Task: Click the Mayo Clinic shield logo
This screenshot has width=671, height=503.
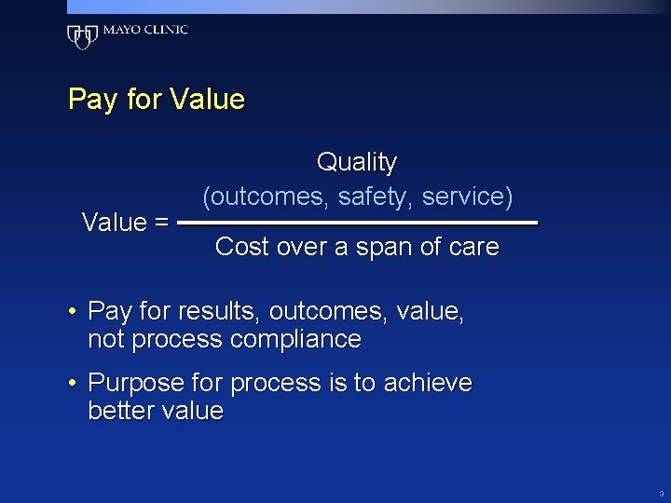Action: pyautogui.click(x=82, y=35)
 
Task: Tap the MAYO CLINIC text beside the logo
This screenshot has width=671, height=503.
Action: pyautogui.click(x=145, y=30)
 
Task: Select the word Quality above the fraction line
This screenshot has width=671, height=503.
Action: pyautogui.click(x=357, y=163)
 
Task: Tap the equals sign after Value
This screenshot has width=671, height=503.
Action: pyautogui.click(x=160, y=223)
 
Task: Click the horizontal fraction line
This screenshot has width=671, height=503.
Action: pyautogui.click(x=357, y=224)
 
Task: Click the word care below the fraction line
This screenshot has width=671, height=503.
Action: pyautogui.click(x=473, y=248)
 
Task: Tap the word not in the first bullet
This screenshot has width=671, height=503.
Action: pyautogui.click(x=106, y=340)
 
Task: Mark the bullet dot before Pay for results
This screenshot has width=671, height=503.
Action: pyautogui.click(x=73, y=312)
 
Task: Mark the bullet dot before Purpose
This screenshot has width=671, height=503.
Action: pyautogui.click(x=73, y=384)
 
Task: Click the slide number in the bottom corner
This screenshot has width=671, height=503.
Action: pyautogui.click(x=660, y=492)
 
